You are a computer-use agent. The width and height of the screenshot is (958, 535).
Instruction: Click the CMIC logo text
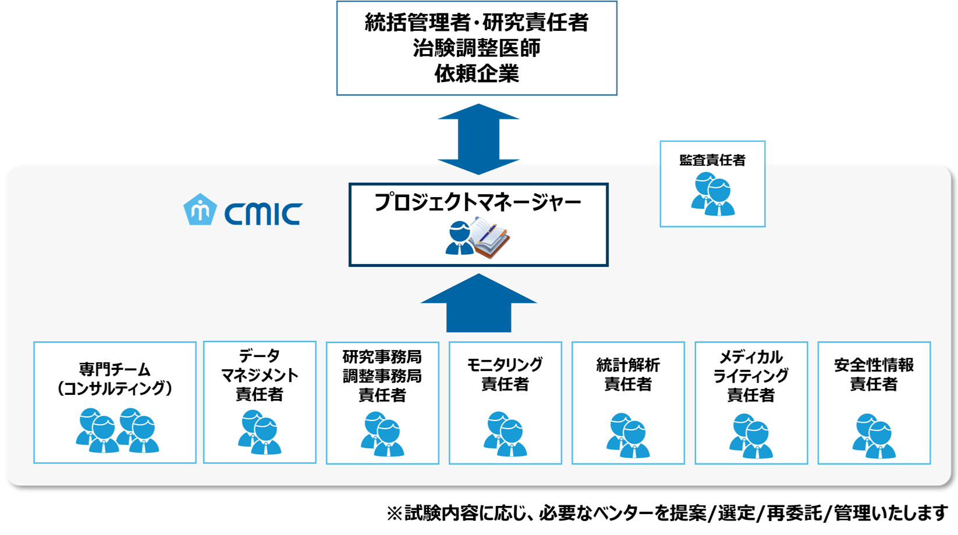coord(263,214)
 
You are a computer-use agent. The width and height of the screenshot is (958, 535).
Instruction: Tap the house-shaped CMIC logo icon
coord(200,210)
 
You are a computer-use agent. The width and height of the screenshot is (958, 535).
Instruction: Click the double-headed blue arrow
coord(478,139)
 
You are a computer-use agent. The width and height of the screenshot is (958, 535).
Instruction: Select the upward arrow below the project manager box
coord(478,304)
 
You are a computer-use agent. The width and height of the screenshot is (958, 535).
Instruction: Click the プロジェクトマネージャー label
coord(478,202)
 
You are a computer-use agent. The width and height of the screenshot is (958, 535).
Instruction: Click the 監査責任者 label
coord(712,160)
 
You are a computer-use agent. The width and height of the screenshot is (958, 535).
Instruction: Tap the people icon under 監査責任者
coord(713,195)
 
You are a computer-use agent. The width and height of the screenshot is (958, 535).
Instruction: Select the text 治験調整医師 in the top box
coord(477,48)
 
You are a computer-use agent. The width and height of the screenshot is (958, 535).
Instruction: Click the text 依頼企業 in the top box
coord(477,74)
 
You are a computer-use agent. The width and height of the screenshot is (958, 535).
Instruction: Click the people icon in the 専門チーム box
coord(117,431)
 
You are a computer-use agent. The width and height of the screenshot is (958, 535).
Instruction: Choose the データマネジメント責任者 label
coord(260,375)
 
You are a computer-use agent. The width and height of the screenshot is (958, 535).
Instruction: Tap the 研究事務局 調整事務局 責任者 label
coord(382,376)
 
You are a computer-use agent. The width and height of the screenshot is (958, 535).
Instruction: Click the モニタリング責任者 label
coord(505,374)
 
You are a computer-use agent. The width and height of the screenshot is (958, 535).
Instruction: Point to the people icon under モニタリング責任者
coord(505,434)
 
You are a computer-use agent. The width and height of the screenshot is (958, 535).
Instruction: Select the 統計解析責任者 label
coord(628,374)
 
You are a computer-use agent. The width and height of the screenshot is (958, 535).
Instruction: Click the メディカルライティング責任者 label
coord(751,376)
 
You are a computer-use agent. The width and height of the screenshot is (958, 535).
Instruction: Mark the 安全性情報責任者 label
coord(874,374)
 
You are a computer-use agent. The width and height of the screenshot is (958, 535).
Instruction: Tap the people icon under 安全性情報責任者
coord(874,436)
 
